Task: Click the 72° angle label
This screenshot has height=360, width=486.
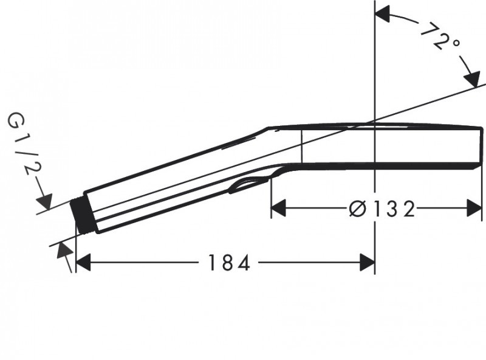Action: pos(441,38)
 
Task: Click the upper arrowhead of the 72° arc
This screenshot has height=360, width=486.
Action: pos(383,15)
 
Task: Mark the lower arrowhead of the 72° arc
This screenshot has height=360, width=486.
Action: pos(471,79)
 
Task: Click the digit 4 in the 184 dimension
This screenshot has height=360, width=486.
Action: pos(244,263)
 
